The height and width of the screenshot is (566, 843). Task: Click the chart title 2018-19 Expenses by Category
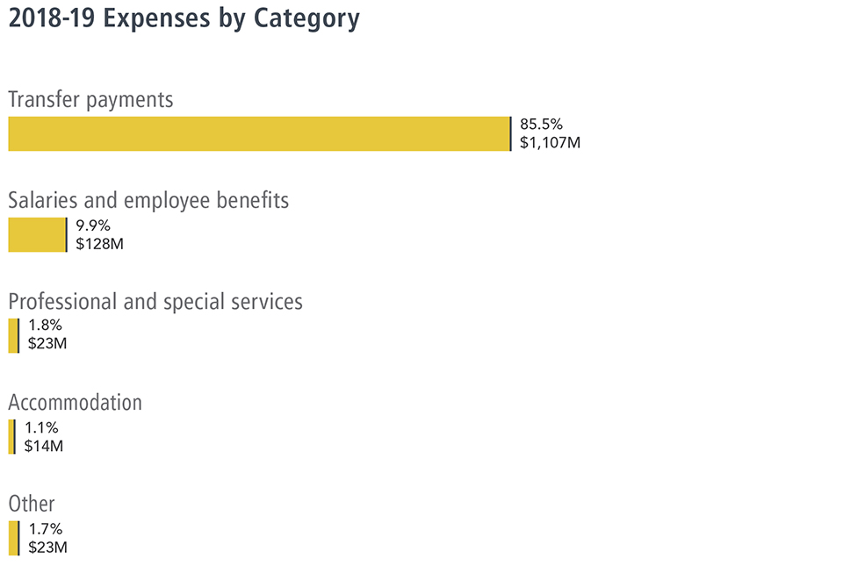click(x=184, y=19)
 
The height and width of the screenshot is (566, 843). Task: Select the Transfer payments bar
click(x=259, y=133)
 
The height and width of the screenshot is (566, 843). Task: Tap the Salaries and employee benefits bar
click(x=37, y=235)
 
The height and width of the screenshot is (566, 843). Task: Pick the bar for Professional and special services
click(x=13, y=336)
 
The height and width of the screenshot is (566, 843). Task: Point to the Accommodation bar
click(x=11, y=437)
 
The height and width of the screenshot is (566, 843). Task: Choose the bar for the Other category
click(x=13, y=538)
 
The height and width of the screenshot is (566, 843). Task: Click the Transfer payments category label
click(x=90, y=99)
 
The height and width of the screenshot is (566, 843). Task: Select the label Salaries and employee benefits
click(x=148, y=200)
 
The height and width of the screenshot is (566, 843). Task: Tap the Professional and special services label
click(x=155, y=301)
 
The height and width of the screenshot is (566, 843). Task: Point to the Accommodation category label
click(x=75, y=403)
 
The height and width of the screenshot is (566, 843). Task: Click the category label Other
click(x=32, y=504)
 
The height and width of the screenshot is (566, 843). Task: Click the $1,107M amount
click(x=550, y=142)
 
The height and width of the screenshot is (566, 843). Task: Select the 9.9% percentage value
click(x=93, y=225)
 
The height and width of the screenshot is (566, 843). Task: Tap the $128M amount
click(x=99, y=244)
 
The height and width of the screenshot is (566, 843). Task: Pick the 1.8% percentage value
click(x=45, y=326)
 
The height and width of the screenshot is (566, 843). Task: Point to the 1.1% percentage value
click(x=41, y=427)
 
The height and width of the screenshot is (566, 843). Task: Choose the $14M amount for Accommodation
click(x=44, y=446)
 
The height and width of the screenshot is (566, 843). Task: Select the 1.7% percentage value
click(x=45, y=528)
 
